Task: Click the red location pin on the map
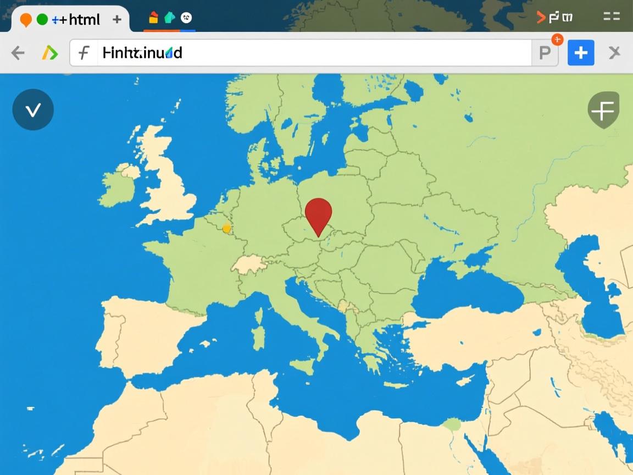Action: click(318, 213)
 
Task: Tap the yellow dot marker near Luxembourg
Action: click(226, 228)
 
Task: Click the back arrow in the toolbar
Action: click(18, 53)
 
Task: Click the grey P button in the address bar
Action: click(545, 53)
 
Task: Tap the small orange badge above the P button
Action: click(557, 39)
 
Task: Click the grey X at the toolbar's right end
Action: click(614, 53)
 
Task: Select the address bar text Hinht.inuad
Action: click(142, 53)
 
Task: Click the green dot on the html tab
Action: click(42, 19)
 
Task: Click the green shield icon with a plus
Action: click(603, 111)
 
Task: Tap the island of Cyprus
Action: click(465, 380)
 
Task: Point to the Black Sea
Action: click(467, 294)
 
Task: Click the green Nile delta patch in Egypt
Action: click(452, 424)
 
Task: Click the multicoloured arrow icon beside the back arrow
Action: click(49, 53)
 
